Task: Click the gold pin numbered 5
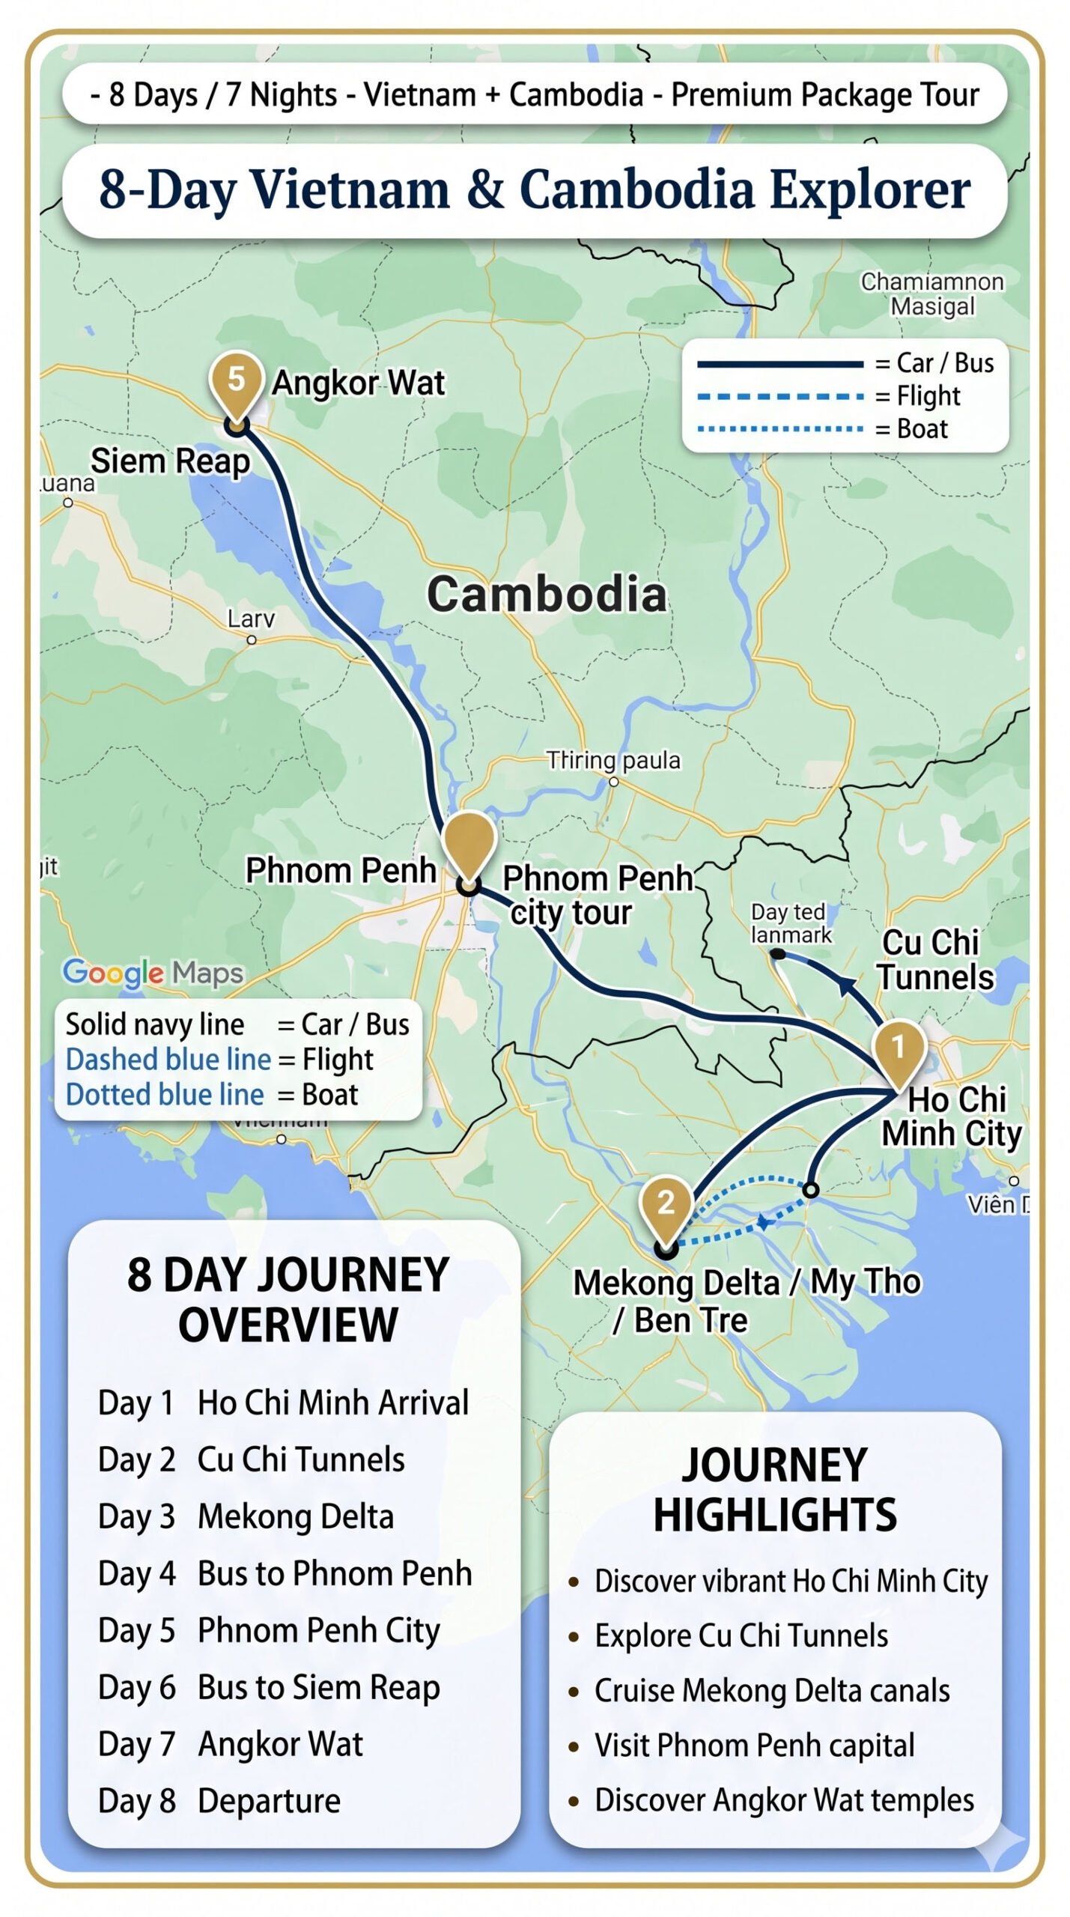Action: (236, 380)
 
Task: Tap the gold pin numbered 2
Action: (666, 1203)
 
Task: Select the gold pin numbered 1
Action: (899, 1048)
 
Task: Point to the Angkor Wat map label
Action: (358, 383)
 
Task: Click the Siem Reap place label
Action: (170, 461)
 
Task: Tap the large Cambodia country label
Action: (546, 595)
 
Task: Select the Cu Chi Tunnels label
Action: (934, 960)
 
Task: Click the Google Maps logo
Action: (153, 973)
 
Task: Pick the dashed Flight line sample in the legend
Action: (779, 396)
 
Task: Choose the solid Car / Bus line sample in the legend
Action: (779, 364)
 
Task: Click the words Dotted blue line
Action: (165, 1094)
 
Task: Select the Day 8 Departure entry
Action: (219, 1800)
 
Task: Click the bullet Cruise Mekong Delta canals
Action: (771, 1690)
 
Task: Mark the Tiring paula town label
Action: (612, 760)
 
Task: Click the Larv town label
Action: (251, 619)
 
